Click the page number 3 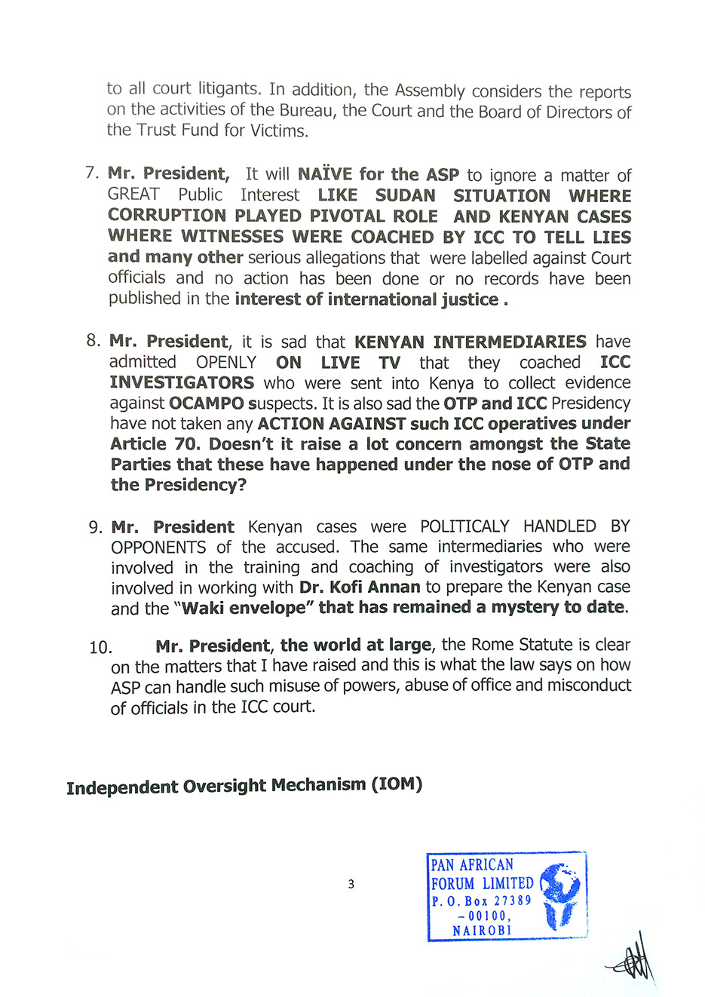coord(351,884)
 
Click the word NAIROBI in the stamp coord(482,931)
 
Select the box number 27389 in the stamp coord(512,900)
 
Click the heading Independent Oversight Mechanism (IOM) coord(244,786)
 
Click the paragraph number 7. coord(91,173)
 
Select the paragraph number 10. coord(100,647)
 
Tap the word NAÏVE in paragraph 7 coord(325,174)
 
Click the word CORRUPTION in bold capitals coord(167,216)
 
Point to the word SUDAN coord(405,195)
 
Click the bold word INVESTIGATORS coord(182,382)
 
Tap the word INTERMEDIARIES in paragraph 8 coord(470,342)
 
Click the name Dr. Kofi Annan coord(360,587)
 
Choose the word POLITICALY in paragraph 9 coord(464,526)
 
